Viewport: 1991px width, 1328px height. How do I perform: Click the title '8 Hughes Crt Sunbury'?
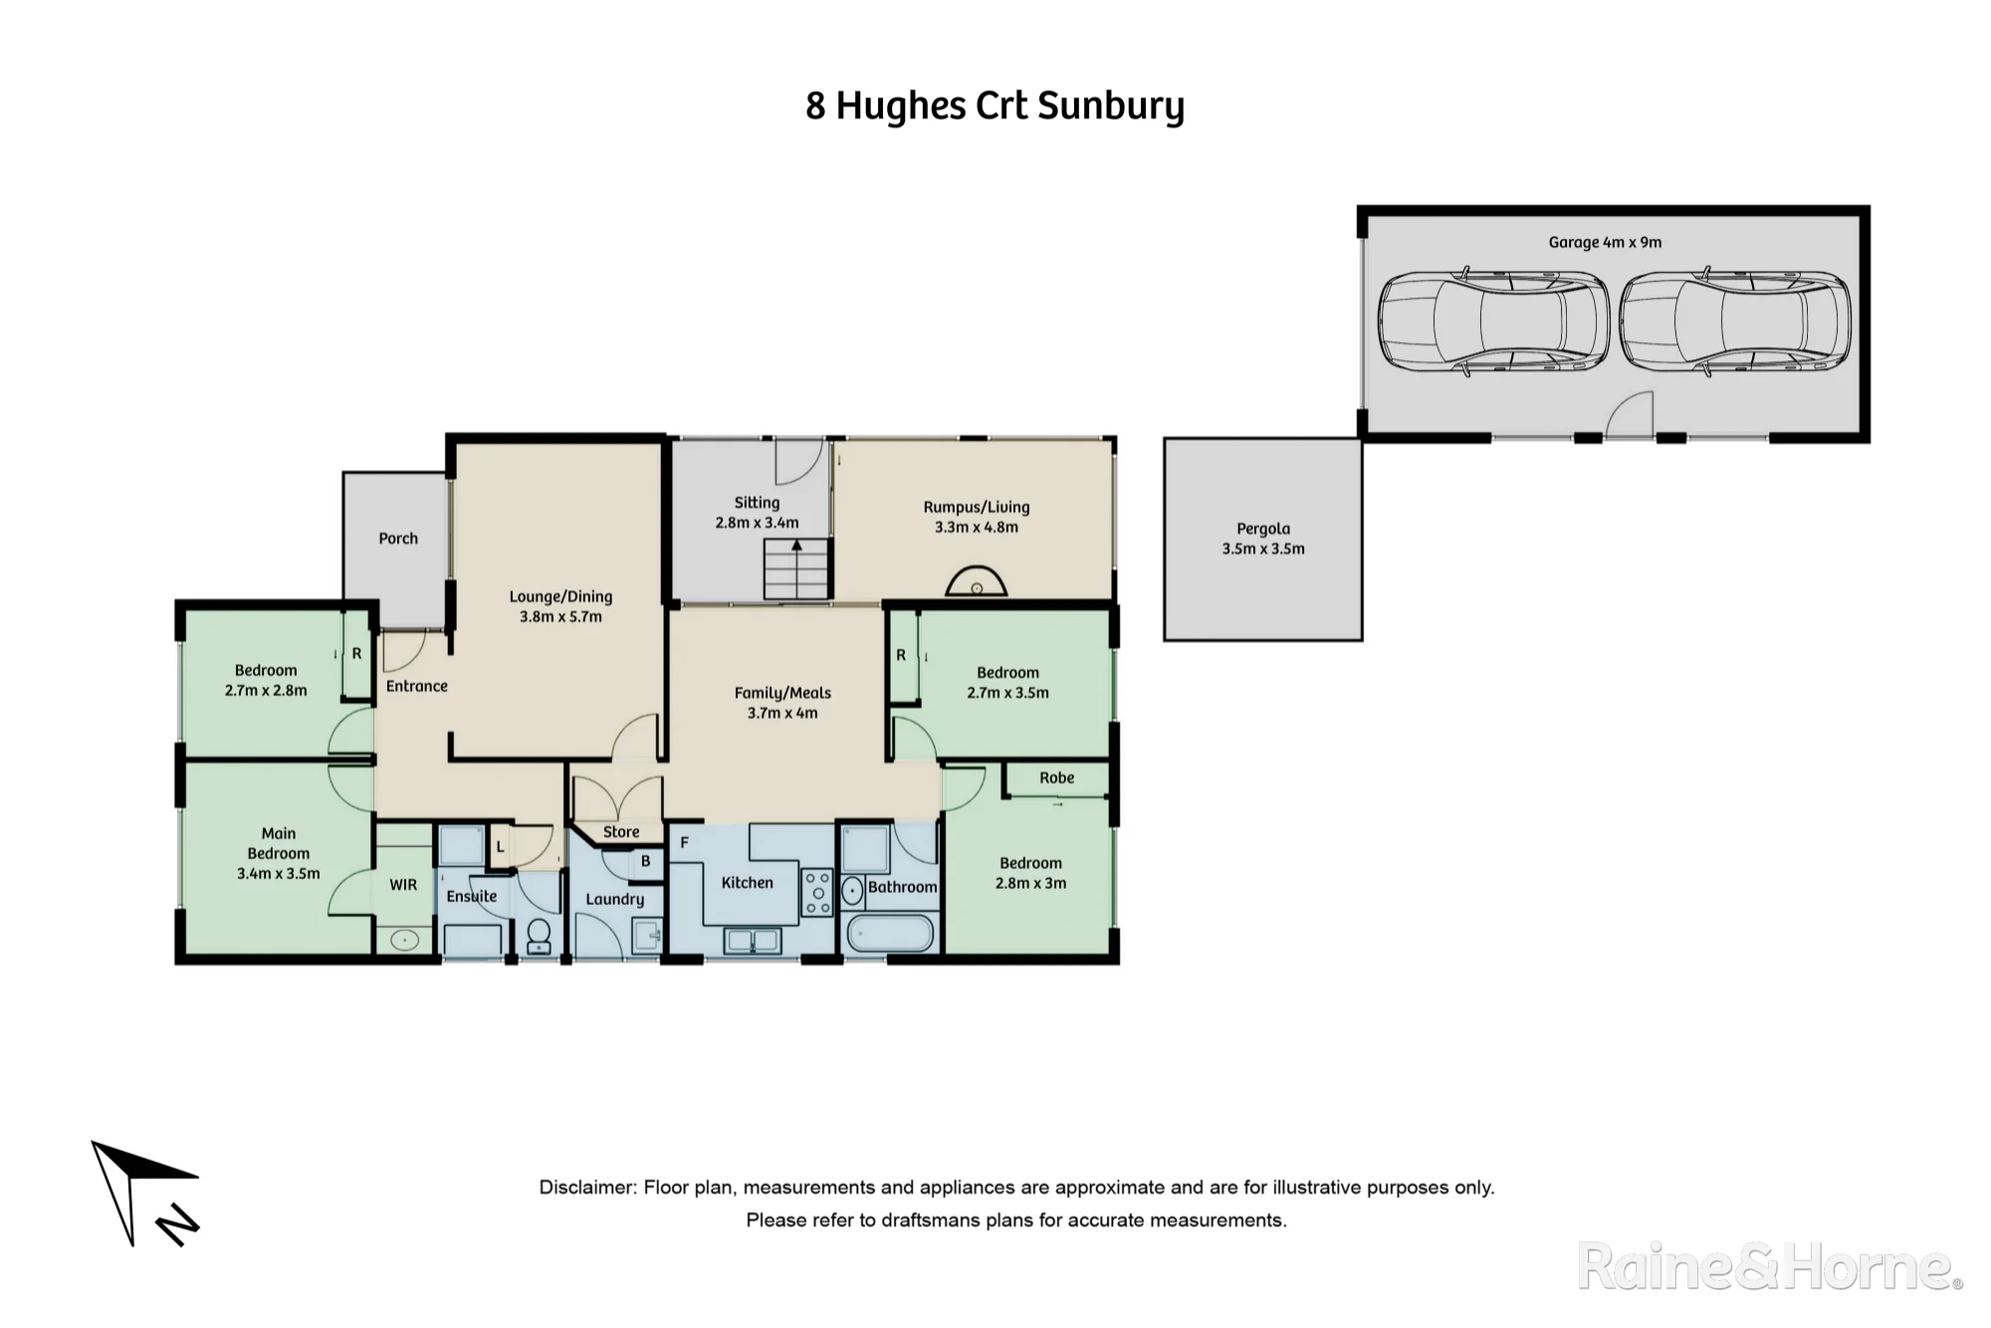995,107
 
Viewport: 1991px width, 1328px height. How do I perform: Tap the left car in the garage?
1493,322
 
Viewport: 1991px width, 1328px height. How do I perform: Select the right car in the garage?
1735,322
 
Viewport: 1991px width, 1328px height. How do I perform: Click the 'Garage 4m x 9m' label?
1605,242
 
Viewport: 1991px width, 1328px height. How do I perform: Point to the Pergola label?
1263,529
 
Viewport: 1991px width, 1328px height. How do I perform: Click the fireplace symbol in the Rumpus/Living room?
977,582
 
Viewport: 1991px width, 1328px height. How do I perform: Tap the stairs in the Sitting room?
796,568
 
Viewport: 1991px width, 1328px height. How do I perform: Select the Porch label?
398,539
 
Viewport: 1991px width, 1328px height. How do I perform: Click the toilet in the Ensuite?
539,937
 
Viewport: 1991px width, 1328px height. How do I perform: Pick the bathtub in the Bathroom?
890,933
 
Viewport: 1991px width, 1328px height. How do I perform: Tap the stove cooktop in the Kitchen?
818,893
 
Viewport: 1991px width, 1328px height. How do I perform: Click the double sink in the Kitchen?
753,940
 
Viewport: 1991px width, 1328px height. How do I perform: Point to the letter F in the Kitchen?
685,843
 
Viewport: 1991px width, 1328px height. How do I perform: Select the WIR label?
403,885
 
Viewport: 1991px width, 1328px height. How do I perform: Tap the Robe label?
1057,778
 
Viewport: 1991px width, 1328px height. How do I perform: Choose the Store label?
621,832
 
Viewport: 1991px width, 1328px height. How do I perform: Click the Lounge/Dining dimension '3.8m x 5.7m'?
560,617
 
